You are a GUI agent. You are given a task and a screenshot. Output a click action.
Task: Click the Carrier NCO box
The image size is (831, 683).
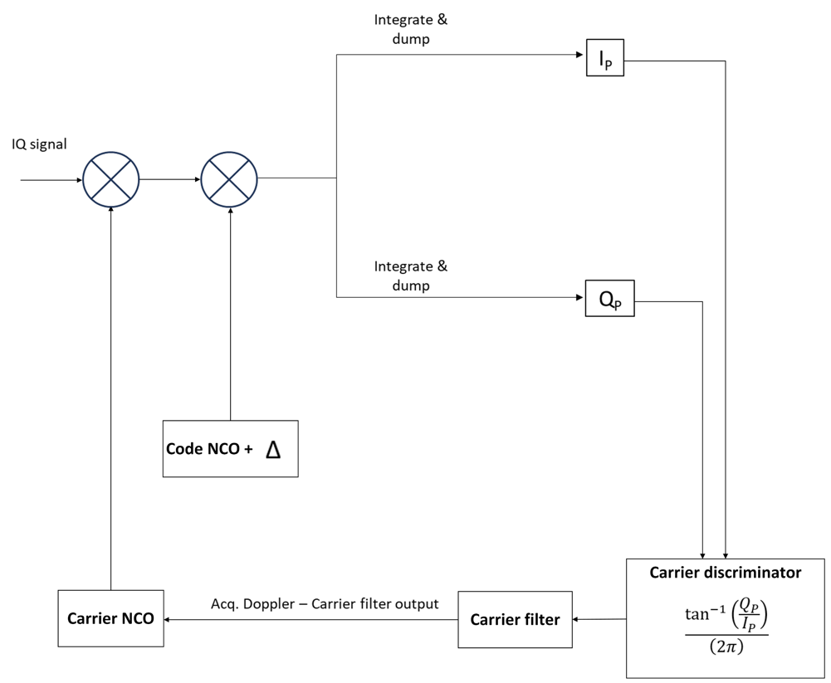click(110, 618)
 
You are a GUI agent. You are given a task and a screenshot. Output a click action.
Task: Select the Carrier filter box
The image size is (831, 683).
click(515, 619)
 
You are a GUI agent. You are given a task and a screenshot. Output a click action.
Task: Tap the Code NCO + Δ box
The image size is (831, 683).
click(230, 449)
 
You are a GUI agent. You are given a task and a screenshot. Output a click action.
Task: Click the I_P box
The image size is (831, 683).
click(604, 57)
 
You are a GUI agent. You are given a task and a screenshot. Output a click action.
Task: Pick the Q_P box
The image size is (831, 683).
click(610, 298)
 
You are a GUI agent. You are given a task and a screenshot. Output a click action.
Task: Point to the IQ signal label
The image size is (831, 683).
click(39, 144)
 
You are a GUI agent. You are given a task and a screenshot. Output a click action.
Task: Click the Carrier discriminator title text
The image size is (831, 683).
click(725, 573)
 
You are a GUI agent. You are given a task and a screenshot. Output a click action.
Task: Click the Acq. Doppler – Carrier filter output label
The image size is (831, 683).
click(325, 603)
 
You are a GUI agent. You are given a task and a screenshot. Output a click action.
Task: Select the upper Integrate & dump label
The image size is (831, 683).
click(410, 29)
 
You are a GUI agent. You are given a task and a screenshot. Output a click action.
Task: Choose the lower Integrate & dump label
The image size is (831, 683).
click(410, 276)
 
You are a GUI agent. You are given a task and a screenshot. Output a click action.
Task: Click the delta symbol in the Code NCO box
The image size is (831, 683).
click(272, 449)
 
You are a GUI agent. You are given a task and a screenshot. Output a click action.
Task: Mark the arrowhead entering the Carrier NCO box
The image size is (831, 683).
click(169, 619)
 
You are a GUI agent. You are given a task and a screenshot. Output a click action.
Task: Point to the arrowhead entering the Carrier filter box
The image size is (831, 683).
click(577, 619)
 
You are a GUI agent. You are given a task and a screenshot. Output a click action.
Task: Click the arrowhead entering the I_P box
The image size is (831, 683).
click(581, 56)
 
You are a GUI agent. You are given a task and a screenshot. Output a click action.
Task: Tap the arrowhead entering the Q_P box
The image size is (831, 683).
click(581, 296)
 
